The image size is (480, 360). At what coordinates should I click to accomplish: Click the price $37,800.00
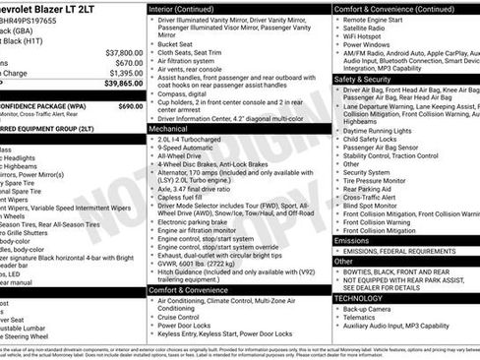click(x=123, y=52)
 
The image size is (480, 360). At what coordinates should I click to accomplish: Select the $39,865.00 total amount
click(x=121, y=86)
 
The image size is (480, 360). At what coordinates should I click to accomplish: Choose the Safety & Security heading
click(x=362, y=79)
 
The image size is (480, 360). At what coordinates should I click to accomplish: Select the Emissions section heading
click(x=352, y=240)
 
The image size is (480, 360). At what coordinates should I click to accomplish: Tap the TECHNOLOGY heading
click(x=357, y=297)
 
